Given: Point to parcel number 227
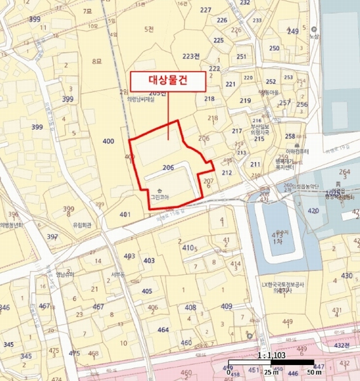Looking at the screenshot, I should (205, 10).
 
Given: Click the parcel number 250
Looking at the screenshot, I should (274, 48).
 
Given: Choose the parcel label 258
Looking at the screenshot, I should (290, 137).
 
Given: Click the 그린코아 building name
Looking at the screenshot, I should (159, 196).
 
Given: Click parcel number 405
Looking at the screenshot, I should (147, 291).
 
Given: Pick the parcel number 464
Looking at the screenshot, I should (163, 330).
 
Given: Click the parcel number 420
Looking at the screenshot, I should (313, 210).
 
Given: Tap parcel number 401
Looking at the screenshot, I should (125, 215).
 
